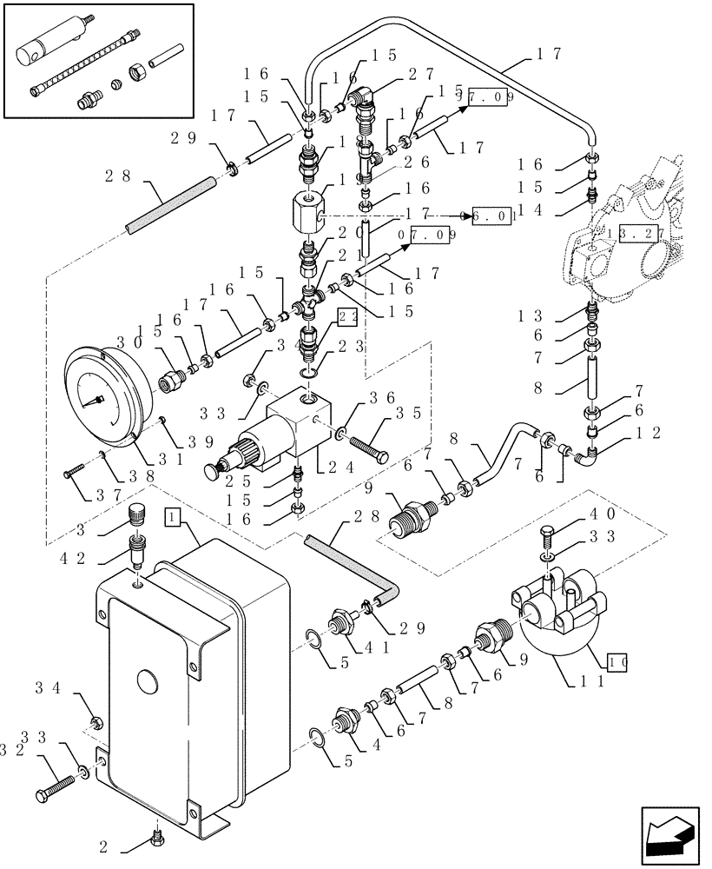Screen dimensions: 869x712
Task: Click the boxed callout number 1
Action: tap(172, 518)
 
